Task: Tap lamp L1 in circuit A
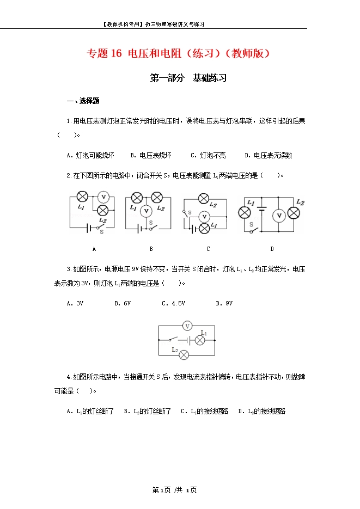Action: (82, 197)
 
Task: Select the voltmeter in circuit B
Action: (145, 211)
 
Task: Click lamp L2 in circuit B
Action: (158, 197)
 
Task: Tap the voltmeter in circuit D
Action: (279, 216)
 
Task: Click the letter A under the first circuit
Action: (94, 249)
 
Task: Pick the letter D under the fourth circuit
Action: (272, 249)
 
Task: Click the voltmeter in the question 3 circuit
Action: (187, 326)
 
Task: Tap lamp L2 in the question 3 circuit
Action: (184, 354)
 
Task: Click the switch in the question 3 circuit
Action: (174, 340)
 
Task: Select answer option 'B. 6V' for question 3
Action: (123, 303)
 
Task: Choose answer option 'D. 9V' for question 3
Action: (224, 303)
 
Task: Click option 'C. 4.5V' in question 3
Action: (173, 303)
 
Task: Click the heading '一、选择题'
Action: (82, 101)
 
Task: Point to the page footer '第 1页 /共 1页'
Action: (174, 490)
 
